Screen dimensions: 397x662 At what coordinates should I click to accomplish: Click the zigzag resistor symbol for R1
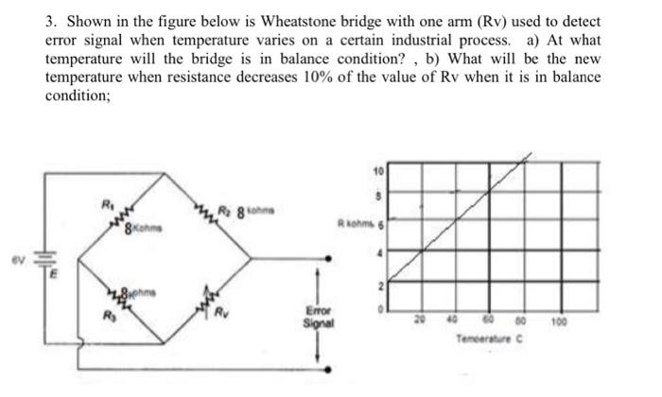pos(124,215)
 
